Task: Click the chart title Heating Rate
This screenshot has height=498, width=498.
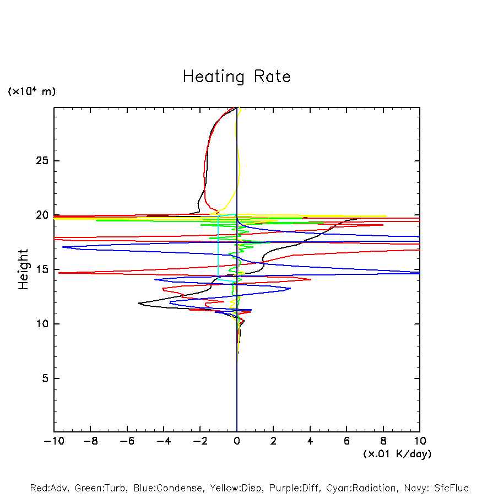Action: click(236, 77)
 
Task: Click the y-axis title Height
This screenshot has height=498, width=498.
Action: click(23, 269)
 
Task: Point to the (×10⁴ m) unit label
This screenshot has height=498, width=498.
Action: click(31, 91)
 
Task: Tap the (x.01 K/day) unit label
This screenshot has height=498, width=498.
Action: click(397, 454)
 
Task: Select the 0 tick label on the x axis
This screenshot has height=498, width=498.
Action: click(237, 441)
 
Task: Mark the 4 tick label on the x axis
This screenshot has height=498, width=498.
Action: click(310, 441)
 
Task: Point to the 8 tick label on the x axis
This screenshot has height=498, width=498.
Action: click(383, 441)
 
